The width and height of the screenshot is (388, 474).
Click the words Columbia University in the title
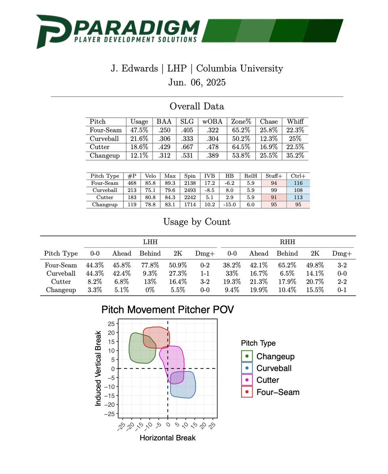[239, 68]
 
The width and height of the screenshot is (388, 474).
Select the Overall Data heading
[197, 106]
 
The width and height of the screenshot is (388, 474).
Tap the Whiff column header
[295, 122]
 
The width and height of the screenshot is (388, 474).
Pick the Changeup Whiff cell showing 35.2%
[295, 156]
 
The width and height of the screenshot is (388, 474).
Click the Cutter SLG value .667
[187, 147]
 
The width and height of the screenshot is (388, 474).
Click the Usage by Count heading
[197, 222]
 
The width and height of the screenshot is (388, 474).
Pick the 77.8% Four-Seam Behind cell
[150, 265]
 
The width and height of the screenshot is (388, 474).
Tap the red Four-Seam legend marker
[247, 392]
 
